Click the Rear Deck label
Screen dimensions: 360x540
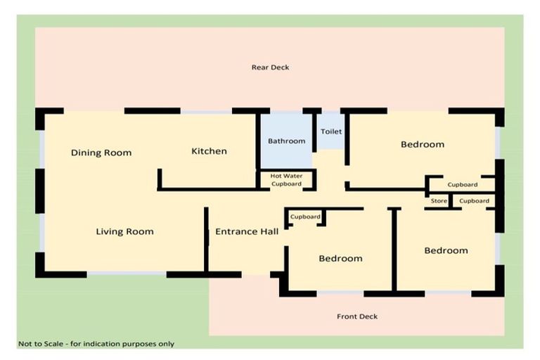pyautogui.click(x=270, y=67)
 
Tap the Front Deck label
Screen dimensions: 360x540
pyautogui.click(x=357, y=316)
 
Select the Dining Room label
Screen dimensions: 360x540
pyautogui.click(x=101, y=153)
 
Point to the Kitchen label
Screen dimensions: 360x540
pyautogui.click(x=209, y=151)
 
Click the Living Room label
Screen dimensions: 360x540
pyautogui.click(x=124, y=231)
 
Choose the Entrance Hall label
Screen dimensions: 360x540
pyautogui.click(x=246, y=231)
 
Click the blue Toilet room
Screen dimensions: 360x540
pyautogui.click(x=331, y=131)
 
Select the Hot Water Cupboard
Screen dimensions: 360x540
pyautogui.click(x=286, y=180)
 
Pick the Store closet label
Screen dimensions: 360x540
pyautogui.click(x=439, y=201)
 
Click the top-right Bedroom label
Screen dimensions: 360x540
pyautogui.click(x=423, y=144)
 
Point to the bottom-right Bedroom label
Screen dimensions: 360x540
pyautogui.click(x=446, y=250)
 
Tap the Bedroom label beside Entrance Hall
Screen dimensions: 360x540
pyautogui.click(x=340, y=258)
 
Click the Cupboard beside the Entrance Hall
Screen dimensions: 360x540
pyautogui.click(x=305, y=217)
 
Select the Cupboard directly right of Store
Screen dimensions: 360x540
pyautogui.click(x=474, y=201)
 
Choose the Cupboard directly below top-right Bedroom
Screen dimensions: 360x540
pyautogui.click(x=463, y=185)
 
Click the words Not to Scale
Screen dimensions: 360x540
pyautogui.click(x=41, y=344)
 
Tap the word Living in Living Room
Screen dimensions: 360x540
pyautogui.click(x=110, y=231)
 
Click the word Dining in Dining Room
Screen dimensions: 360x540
pyautogui.click(x=86, y=153)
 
